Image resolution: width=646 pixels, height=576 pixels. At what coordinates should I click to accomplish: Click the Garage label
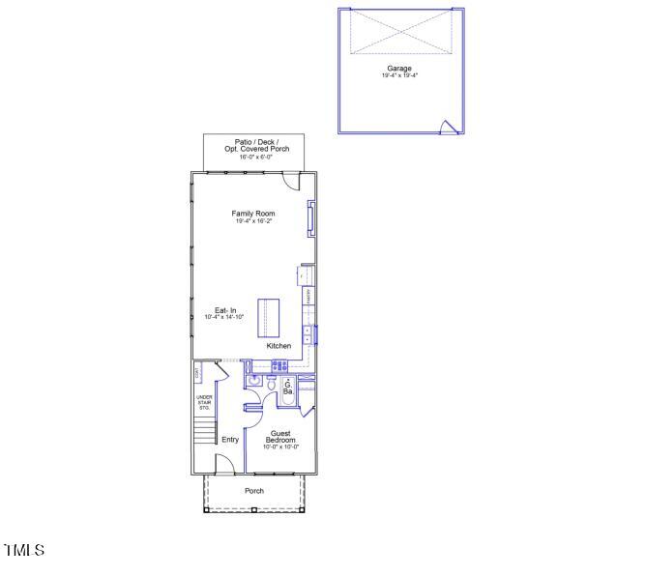pos(399,69)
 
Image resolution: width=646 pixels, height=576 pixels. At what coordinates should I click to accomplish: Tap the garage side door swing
pos(448,127)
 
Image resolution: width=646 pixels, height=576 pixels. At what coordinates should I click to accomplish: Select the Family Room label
pos(252,213)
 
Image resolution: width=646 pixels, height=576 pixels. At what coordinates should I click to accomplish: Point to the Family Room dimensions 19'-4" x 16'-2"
pos(252,221)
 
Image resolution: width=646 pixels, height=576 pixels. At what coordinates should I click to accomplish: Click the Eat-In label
pos(225,310)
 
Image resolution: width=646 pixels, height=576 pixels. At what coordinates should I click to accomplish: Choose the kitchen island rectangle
pos(266,316)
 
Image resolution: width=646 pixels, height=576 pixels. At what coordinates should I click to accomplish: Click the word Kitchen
pos(279,345)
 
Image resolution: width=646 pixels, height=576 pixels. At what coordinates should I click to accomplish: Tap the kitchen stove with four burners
pos(279,366)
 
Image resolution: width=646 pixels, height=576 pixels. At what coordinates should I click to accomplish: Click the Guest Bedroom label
pos(281,437)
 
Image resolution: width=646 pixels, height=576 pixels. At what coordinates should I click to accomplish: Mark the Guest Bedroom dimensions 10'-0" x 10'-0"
pos(281,447)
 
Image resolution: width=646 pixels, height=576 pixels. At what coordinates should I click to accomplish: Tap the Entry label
pos(230,440)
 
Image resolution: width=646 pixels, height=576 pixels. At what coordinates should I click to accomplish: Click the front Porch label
pos(253,491)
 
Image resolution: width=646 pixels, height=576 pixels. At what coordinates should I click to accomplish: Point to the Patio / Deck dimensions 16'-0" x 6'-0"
pos(252,158)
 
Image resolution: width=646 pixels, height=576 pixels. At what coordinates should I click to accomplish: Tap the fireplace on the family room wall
pos(310,217)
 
